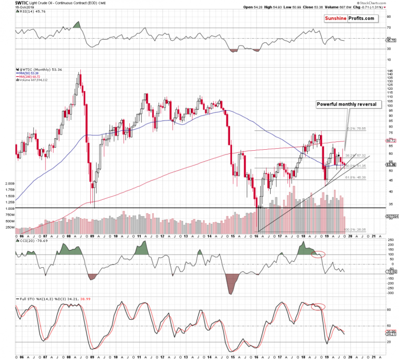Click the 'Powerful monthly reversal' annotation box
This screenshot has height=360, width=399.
(349, 104)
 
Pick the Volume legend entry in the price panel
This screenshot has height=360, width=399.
(34, 80)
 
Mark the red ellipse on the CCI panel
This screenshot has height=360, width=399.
(318, 254)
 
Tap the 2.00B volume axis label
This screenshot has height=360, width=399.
(10, 184)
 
